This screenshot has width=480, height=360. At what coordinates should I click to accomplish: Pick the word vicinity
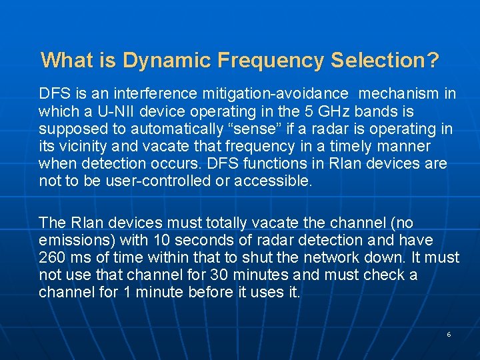click(84, 146)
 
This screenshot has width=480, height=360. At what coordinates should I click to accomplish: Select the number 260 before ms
click(52, 257)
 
